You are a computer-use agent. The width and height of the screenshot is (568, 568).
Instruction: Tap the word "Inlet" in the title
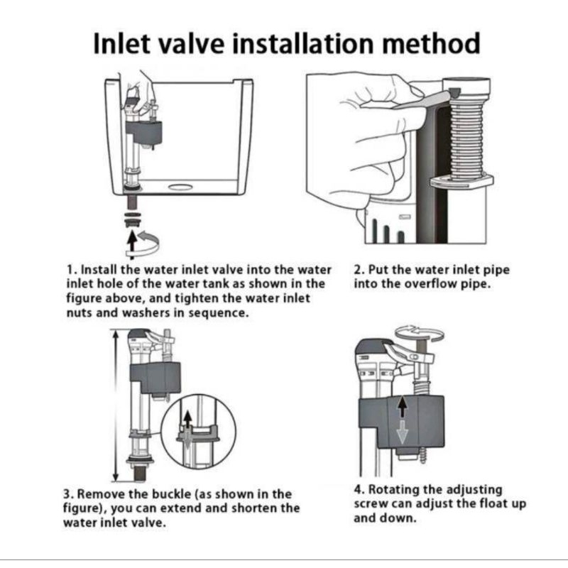tap(121, 43)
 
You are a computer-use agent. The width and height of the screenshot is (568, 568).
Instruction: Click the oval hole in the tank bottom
tap(180, 187)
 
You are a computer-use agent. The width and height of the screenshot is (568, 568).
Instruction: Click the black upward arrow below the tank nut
tap(133, 244)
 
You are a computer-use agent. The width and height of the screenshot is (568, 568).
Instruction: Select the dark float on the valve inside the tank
tap(144, 133)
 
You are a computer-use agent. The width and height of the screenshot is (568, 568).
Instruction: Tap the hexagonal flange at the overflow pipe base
tap(462, 181)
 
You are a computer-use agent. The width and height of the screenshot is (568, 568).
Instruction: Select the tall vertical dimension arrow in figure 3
tap(116, 405)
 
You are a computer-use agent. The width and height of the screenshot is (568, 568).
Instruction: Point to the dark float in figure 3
tap(155, 378)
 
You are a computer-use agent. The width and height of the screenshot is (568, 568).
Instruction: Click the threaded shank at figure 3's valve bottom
tap(140, 473)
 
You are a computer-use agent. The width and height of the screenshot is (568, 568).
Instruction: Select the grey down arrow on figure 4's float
tap(402, 431)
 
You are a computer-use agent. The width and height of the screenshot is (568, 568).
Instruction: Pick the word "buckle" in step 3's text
tap(171, 494)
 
